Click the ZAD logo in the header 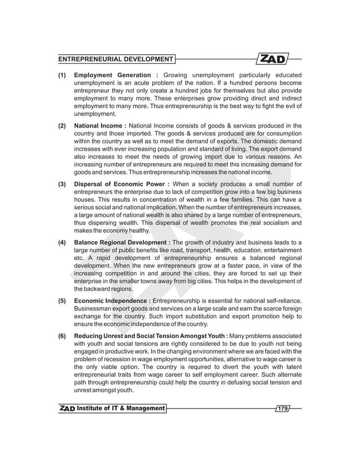click(x=274, y=59)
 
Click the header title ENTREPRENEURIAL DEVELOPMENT click(x=116, y=59)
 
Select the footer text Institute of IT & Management click(x=121, y=408)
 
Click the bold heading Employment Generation click(x=115, y=75)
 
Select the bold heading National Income click(x=99, y=125)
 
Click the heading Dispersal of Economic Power click(x=121, y=183)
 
